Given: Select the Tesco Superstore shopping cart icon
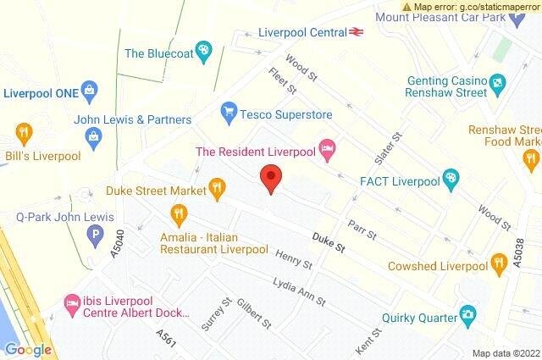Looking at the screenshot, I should coord(227,111).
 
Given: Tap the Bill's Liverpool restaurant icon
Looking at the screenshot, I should coord(23,132).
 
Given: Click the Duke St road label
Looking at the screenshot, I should coord(329,246).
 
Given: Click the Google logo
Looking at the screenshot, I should coord(28,350).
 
